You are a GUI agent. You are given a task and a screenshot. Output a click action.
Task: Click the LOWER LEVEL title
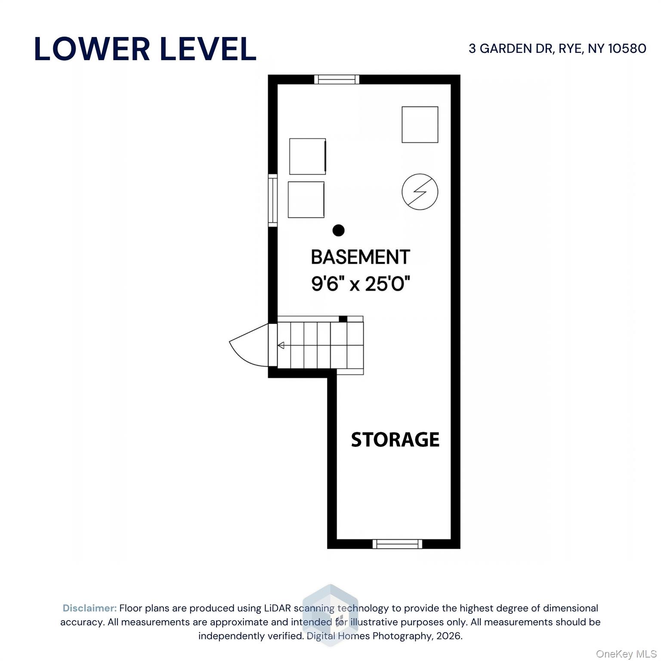tap(145, 49)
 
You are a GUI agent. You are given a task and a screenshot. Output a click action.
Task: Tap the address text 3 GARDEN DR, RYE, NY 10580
tap(557, 49)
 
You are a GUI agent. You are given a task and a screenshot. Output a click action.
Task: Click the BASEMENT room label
tap(360, 257)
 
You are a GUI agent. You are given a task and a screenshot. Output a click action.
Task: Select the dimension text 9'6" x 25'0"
tap(360, 284)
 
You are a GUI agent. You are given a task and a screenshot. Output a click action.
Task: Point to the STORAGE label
tap(395, 439)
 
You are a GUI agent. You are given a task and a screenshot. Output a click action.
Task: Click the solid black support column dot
tap(339, 231)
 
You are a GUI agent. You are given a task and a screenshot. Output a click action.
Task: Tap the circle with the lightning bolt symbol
tap(420, 192)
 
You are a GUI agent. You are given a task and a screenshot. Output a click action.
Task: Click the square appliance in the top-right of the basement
tap(420, 125)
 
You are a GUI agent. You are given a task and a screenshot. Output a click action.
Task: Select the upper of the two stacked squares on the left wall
tap(308, 157)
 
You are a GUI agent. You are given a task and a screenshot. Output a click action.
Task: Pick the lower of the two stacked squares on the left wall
tap(306, 200)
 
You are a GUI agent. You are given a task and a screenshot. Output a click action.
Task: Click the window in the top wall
tap(337, 80)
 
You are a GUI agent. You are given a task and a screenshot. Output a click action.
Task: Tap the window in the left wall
tap(273, 200)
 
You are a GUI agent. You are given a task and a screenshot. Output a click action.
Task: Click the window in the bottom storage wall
tap(397, 544)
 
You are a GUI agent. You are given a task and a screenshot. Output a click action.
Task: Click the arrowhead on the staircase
tap(281, 345)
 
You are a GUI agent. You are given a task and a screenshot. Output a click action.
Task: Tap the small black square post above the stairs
tap(343, 319)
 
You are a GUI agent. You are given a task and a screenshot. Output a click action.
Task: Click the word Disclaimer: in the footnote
tap(90, 608)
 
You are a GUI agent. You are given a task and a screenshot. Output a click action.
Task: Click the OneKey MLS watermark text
tap(626, 654)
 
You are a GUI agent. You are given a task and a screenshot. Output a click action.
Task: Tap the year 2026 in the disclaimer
tap(448, 636)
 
